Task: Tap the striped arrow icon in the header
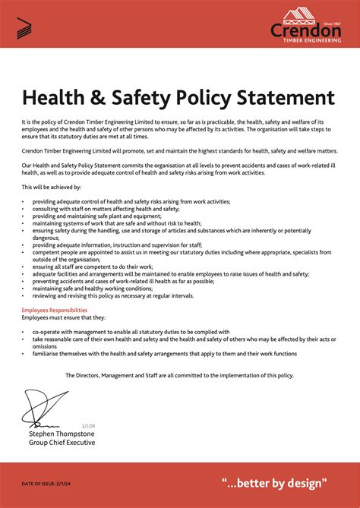pos(24,28)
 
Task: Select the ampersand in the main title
pos(112,98)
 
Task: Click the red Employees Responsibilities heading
pos(54,311)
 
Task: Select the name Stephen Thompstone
pos(62,434)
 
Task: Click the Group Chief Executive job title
pos(62,442)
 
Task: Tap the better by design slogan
pos(274,482)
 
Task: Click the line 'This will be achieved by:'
pos(52,187)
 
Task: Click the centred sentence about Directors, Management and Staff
pos(179,375)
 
